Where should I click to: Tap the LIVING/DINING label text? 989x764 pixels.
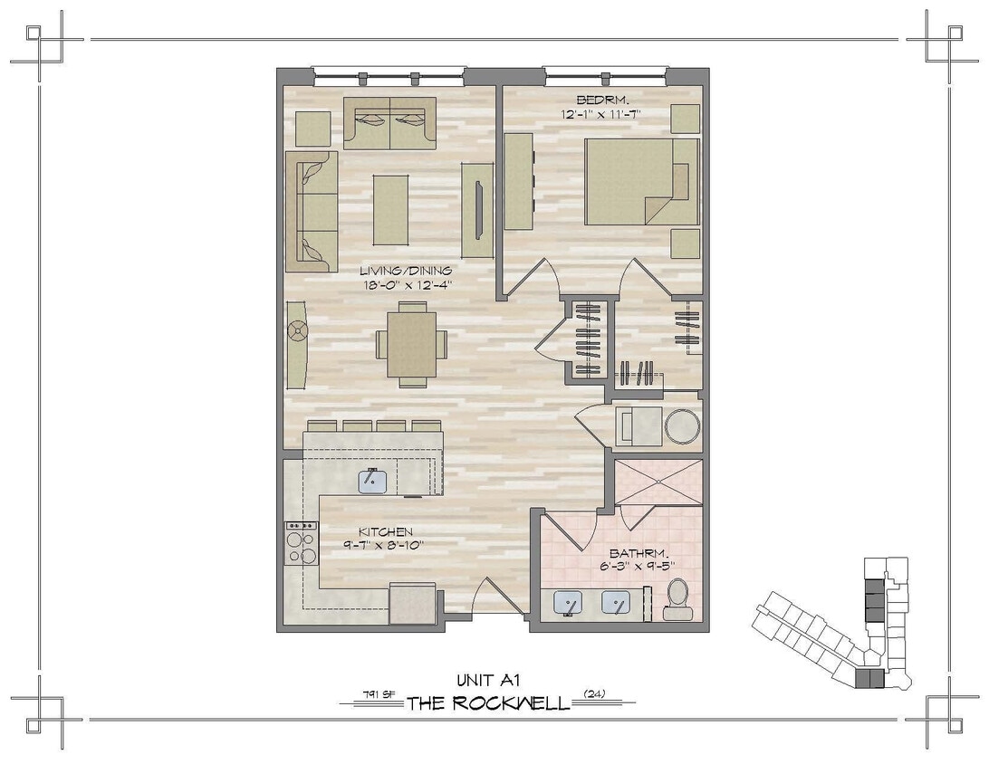(x=406, y=270)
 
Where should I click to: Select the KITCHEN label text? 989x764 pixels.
(x=385, y=532)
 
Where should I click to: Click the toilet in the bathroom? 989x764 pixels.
(x=677, y=599)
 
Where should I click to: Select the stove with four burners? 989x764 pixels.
(x=302, y=543)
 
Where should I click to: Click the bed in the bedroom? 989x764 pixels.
(x=641, y=181)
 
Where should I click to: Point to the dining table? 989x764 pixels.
(x=411, y=344)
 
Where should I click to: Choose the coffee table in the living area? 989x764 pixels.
(x=390, y=209)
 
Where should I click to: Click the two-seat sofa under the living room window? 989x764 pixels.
(x=389, y=123)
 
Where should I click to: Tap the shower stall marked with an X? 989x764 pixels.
(x=658, y=482)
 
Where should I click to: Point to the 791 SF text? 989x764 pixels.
(x=378, y=695)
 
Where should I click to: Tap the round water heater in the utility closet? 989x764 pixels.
(x=682, y=427)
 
